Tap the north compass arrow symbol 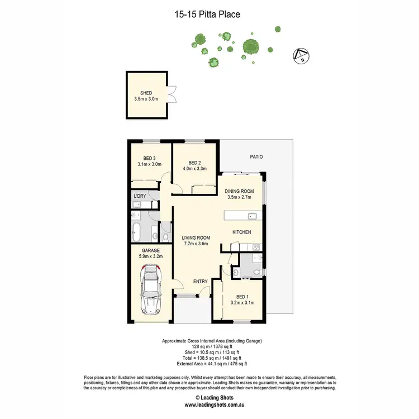[302, 55]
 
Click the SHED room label [146, 93]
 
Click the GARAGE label [150, 250]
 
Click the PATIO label [256, 157]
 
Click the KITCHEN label [241, 232]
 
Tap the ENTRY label [201, 281]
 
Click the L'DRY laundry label [140, 196]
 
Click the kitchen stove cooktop [256, 246]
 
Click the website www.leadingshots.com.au [209, 405]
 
